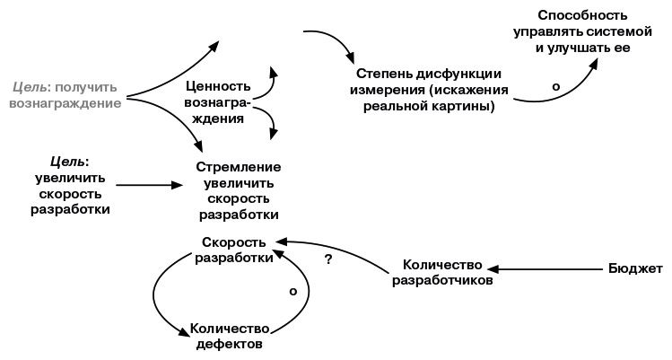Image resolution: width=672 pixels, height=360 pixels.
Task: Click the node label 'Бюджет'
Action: pos(635,268)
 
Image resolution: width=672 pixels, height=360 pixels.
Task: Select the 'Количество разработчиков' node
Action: pos(442,272)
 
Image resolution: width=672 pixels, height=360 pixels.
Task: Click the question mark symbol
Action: pos(328,260)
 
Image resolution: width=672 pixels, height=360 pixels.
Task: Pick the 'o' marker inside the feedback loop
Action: pos(293,291)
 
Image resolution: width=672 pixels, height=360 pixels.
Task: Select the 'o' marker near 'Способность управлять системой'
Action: pos(555,86)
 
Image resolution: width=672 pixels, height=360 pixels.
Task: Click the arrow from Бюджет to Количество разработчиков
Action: pos(547,268)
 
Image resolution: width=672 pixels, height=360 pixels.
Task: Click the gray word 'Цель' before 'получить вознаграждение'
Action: pos(31,87)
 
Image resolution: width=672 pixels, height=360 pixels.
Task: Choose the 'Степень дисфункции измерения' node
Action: pos(428,90)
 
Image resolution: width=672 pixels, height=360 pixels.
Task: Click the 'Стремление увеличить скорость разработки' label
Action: pos(238,191)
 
